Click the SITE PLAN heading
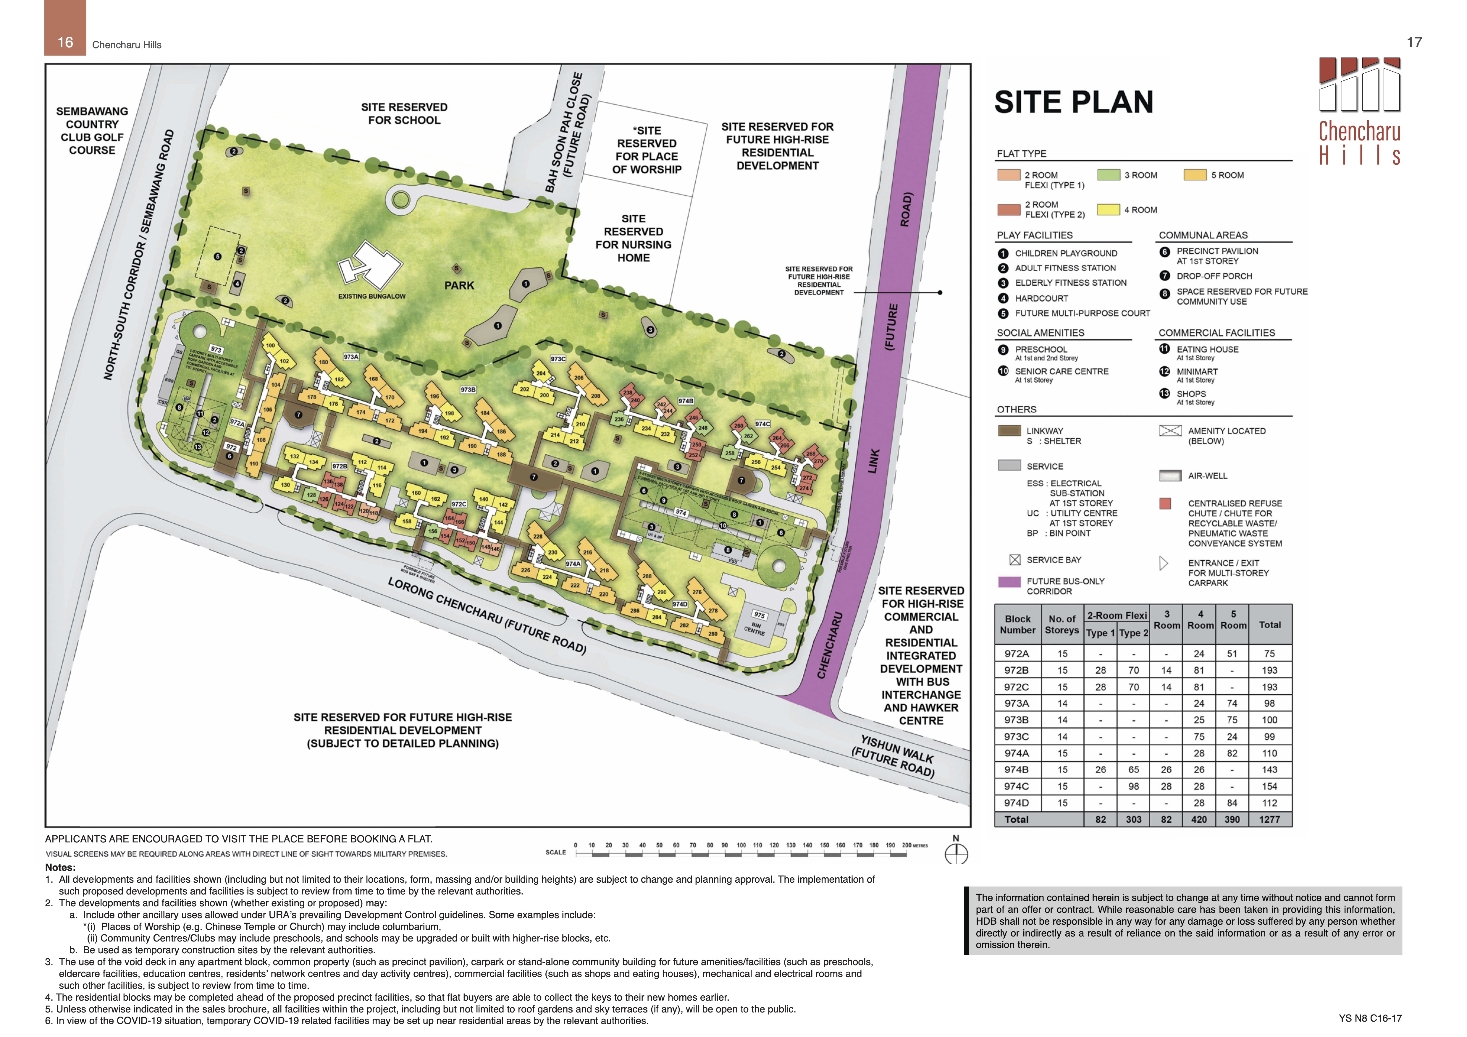point(1073,102)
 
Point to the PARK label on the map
point(459,286)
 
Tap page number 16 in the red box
point(65,42)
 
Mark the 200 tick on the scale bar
point(906,845)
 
